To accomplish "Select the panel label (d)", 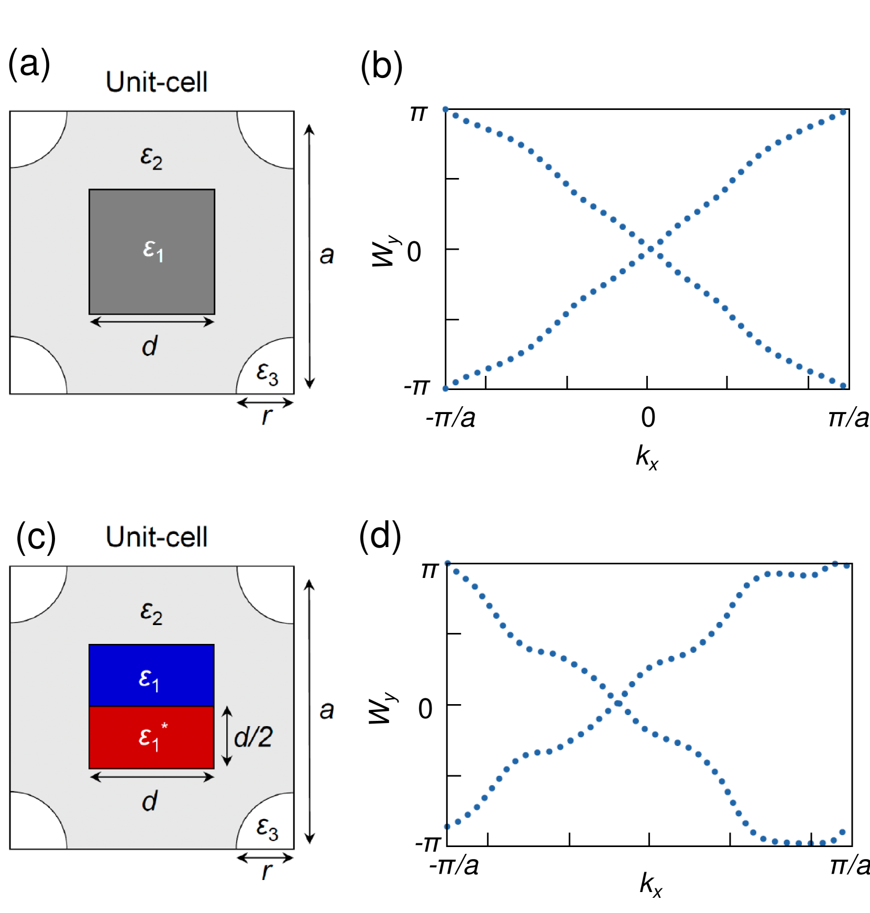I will coord(380,537).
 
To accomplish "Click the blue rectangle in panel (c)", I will coord(151,675).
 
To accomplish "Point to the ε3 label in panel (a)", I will coord(267,374).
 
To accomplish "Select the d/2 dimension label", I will coord(254,737).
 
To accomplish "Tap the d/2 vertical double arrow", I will coord(227,736).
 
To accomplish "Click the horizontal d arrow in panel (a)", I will coord(152,322).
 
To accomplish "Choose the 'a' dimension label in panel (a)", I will coord(327,255).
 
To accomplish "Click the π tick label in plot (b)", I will coord(419,113).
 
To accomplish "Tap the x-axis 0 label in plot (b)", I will coord(648,418).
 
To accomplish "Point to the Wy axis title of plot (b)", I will coord(385,251).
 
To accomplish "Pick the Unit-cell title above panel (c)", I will coord(157,537).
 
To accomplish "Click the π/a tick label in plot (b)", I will coord(849,418).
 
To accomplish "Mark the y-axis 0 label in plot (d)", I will coord(425,709).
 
